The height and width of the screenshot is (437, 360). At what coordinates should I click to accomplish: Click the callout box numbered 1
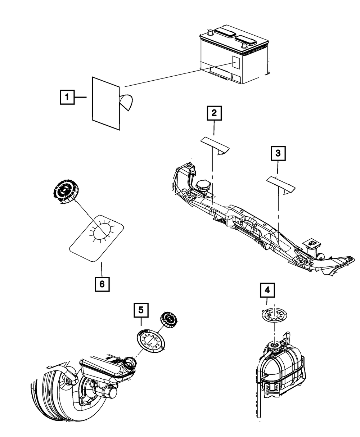click(x=67, y=97)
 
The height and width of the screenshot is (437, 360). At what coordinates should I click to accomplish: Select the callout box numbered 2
click(x=214, y=113)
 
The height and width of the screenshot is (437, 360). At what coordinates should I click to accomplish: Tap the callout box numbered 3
click(x=278, y=153)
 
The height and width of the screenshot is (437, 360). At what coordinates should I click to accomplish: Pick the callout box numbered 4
click(x=267, y=290)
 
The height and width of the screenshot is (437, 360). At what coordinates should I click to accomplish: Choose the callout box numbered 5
click(x=141, y=310)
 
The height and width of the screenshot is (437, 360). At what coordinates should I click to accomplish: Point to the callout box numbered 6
click(x=102, y=284)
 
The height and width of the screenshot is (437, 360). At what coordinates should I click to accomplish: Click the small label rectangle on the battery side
click(x=236, y=62)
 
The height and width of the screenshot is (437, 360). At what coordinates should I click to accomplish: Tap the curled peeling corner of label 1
click(x=126, y=102)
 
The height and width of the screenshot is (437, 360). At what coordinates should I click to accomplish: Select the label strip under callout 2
click(x=215, y=146)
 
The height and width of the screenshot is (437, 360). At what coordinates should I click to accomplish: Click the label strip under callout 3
click(x=281, y=185)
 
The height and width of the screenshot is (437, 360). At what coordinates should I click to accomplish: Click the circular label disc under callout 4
click(x=274, y=315)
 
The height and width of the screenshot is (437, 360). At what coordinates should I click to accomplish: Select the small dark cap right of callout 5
click(x=169, y=320)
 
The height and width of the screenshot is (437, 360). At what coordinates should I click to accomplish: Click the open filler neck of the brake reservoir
click(x=130, y=363)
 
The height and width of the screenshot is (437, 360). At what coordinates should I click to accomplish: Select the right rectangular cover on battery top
click(x=246, y=40)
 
